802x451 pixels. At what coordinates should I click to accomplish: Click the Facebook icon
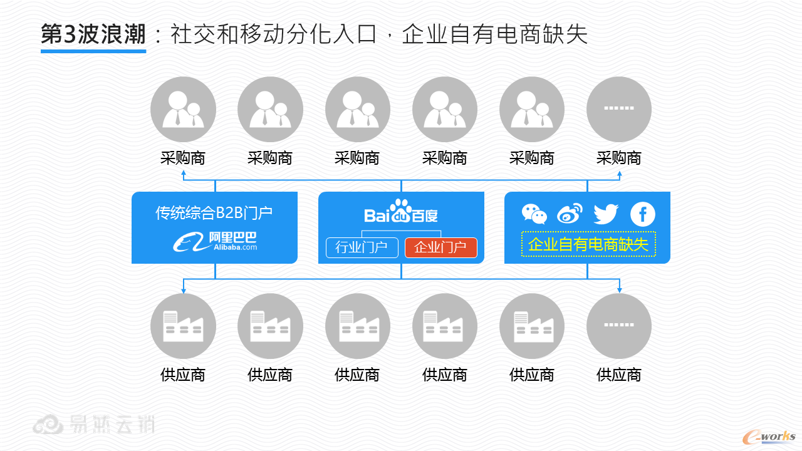pos(642,214)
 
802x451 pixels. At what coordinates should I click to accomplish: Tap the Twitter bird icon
pos(606,214)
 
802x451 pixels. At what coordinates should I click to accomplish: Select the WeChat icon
pos(534,214)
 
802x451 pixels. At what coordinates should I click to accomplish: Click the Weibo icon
pos(570,214)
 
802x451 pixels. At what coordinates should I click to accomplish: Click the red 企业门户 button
pos(440,247)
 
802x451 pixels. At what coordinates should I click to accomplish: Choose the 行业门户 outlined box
pos(362,247)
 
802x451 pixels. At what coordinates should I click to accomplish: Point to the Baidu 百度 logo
pos(401,212)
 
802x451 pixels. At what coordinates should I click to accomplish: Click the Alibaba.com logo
pos(215,241)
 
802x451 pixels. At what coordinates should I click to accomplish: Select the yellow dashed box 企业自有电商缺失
pos(588,244)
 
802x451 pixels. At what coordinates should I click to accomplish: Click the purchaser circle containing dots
pos(618,110)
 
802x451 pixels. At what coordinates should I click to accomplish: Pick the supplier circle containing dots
pos(618,326)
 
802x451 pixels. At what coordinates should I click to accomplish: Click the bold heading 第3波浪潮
pos(93,34)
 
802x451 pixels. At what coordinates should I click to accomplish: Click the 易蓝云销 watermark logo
pos(94,425)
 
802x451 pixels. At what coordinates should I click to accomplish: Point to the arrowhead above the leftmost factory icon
pos(183,290)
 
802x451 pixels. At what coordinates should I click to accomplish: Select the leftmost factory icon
pos(183,326)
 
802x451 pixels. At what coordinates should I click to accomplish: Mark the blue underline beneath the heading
pos(93,51)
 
